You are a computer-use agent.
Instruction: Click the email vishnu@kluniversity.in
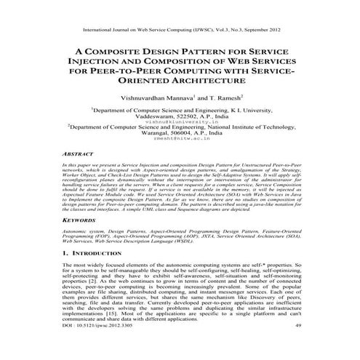(180, 122)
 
